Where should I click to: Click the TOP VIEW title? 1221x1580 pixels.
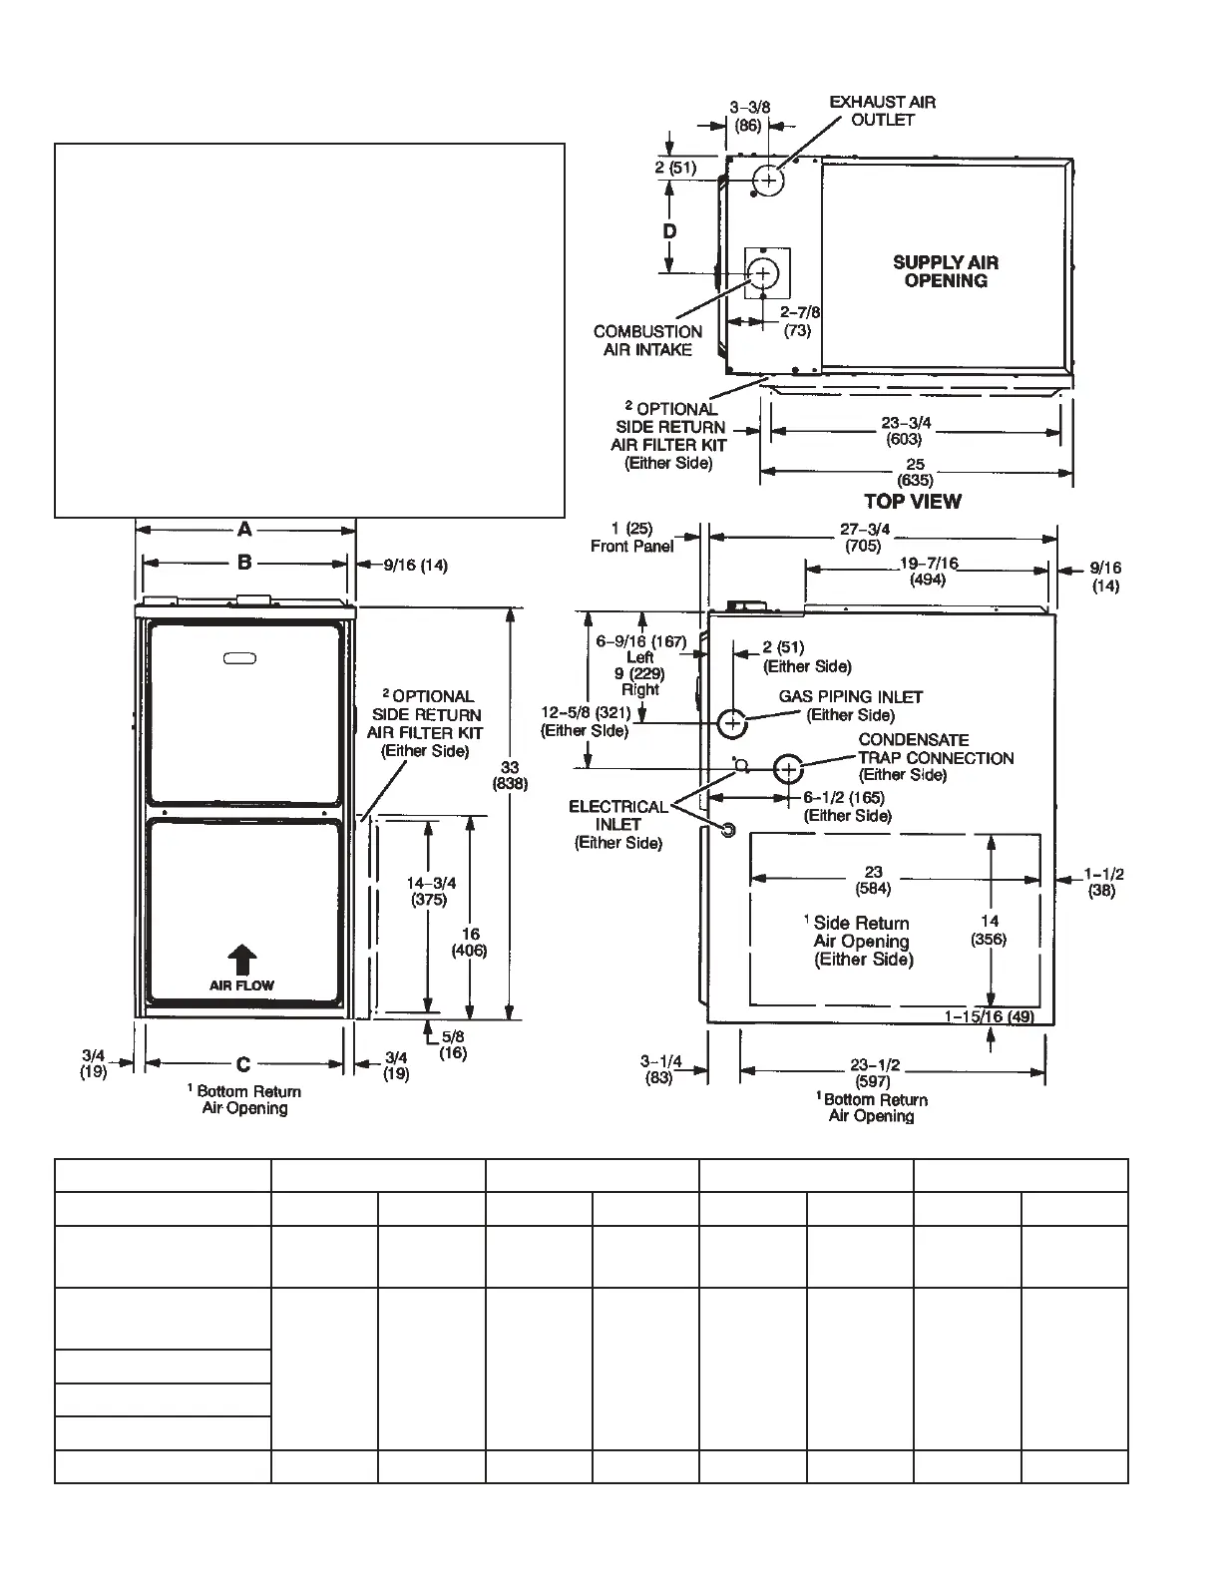point(913,501)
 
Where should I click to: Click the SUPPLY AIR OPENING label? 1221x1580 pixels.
point(946,271)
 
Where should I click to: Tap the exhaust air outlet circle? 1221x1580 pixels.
point(768,181)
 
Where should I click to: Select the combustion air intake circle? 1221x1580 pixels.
point(764,272)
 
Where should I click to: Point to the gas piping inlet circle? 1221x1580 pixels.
point(732,721)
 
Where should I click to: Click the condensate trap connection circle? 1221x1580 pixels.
point(788,769)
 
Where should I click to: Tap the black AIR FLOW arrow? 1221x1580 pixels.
point(242,960)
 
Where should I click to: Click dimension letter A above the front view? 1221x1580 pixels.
point(244,531)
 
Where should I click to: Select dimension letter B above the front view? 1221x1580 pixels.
point(244,563)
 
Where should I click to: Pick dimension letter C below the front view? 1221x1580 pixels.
point(243,1064)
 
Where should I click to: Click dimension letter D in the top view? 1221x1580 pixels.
point(670,231)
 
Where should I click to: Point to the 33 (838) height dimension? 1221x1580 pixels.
point(510,775)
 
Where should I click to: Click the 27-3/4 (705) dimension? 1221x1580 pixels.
point(864,537)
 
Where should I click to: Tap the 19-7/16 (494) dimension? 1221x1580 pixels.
point(929,571)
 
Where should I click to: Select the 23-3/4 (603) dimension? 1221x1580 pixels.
point(906,430)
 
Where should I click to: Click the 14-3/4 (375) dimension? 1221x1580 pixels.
point(431,890)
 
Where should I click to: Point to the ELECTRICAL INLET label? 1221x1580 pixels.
point(618,824)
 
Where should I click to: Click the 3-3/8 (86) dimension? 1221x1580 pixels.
point(748,116)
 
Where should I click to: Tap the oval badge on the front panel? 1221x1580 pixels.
point(239,657)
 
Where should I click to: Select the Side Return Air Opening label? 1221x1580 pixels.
point(863,941)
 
